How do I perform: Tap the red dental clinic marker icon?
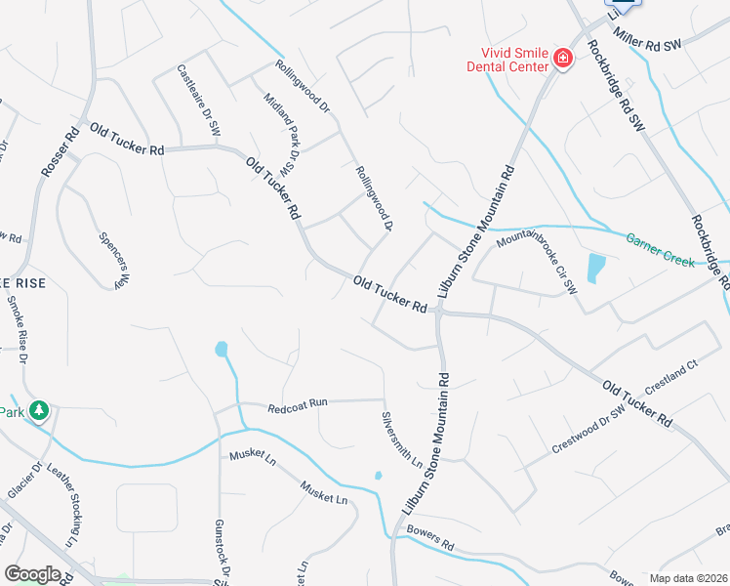pos(562,60)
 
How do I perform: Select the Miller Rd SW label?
pos(650,36)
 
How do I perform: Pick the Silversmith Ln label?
pos(402,438)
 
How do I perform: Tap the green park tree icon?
pos(39,411)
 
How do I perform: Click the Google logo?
pos(32,573)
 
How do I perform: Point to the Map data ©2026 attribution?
pos(687,578)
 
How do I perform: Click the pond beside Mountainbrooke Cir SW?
pos(594,267)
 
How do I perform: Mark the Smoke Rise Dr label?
pos(17,327)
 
